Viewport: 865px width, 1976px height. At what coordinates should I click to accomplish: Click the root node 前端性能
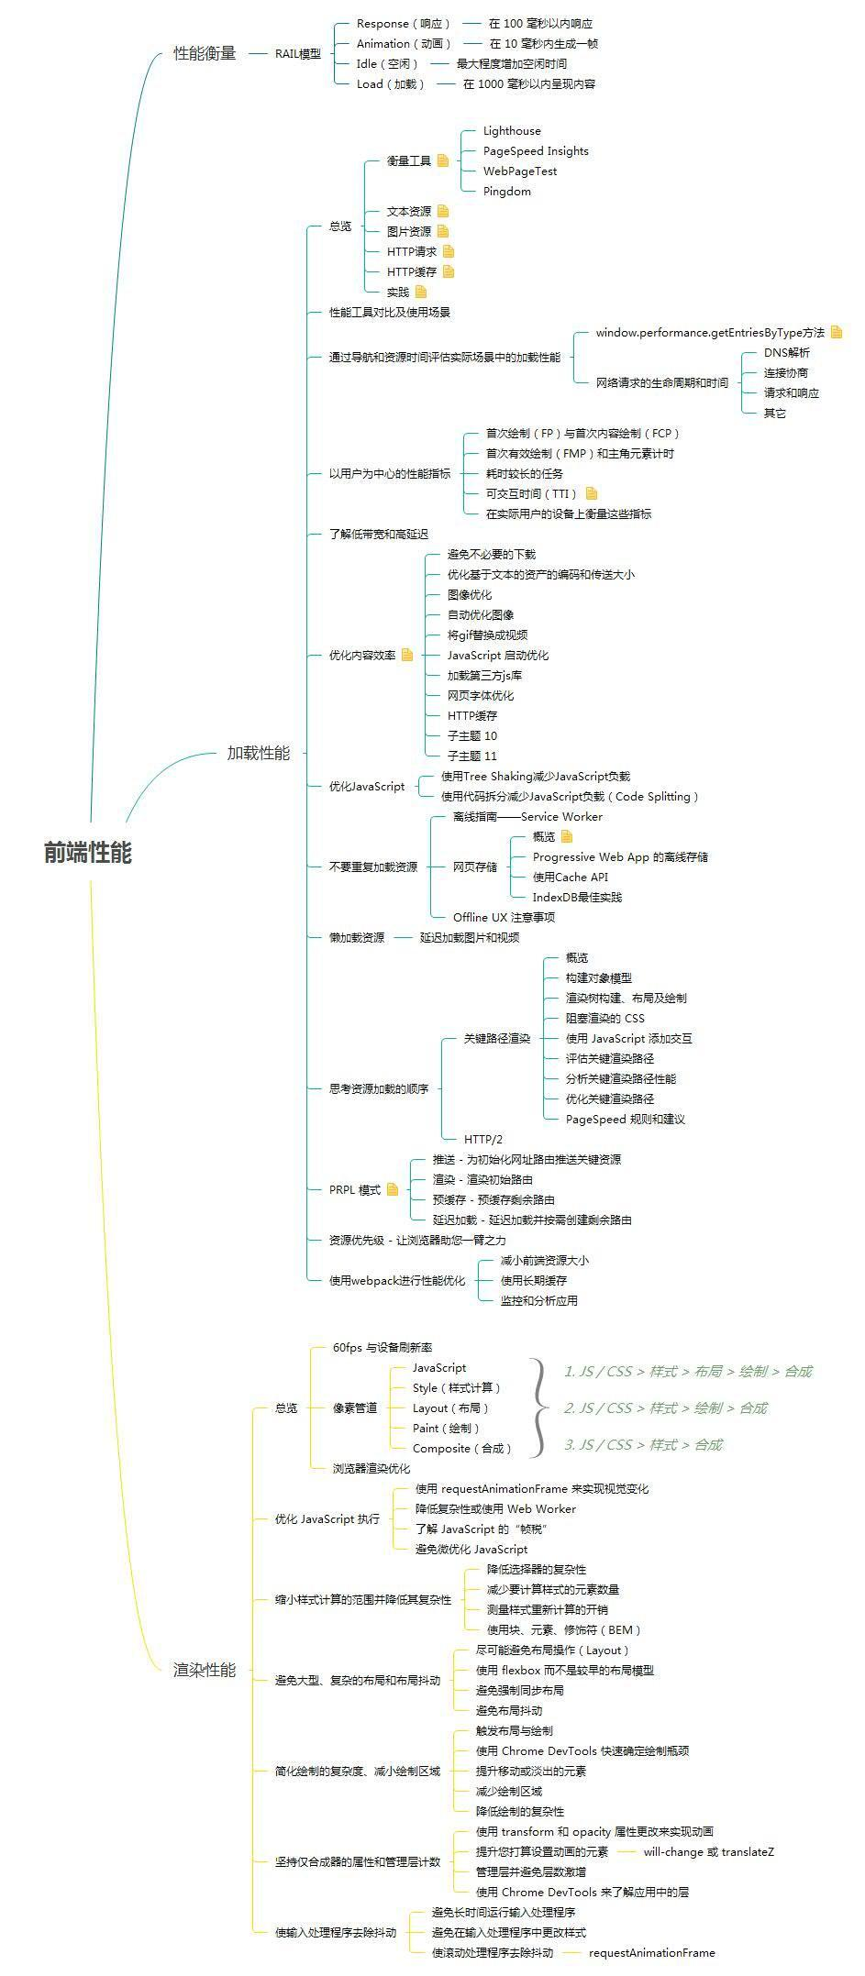(x=88, y=853)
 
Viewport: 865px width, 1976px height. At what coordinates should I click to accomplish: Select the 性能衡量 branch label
(x=205, y=53)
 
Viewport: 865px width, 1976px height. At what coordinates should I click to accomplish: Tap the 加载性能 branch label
(x=258, y=753)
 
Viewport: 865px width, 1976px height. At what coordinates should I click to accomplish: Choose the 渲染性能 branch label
(x=205, y=1670)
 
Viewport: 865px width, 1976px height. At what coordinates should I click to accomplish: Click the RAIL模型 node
(x=298, y=53)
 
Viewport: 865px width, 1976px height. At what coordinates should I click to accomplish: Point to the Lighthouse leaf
(x=512, y=131)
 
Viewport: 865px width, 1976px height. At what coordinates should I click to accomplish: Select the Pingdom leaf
(x=506, y=192)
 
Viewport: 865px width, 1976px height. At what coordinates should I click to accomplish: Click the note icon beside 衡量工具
(x=443, y=160)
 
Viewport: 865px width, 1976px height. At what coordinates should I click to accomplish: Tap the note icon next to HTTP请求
(x=449, y=251)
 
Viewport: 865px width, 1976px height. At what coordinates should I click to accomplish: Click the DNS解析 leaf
(x=786, y=352)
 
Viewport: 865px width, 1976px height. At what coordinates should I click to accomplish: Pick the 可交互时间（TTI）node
(x=531, y=493)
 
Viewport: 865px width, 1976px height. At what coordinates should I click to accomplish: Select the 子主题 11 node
(x=471, y=756)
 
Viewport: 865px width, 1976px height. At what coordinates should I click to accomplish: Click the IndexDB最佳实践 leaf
(x=577, y=897)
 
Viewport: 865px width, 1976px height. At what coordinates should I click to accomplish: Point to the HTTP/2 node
(x=483, y=1139)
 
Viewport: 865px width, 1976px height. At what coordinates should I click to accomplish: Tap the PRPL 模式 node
(x=355, y=1190)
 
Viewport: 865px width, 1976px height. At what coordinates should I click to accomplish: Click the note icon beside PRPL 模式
(x=393, y=1189)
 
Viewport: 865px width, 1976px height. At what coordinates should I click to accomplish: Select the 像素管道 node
(x=355, y=1407)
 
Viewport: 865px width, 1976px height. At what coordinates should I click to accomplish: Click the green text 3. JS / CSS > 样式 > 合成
(x=643, y=1444)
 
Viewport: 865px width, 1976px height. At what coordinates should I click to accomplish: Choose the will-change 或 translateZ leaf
(x=708, y=1851)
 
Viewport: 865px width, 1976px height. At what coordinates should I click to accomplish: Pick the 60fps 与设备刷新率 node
(x=383, y=1347)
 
